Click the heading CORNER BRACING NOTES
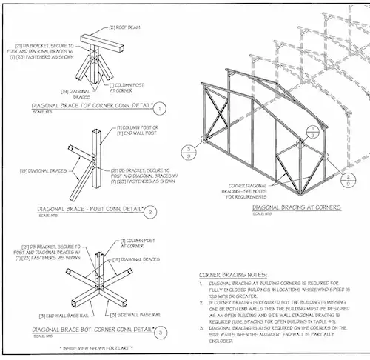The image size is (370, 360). pos(230,273)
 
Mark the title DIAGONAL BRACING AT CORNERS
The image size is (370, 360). pos(296,208)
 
